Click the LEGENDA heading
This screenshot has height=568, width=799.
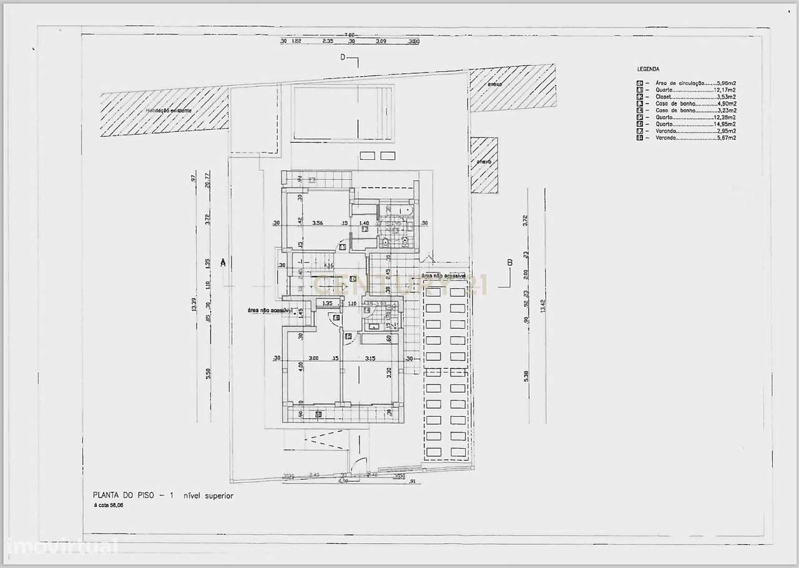coord(648,69)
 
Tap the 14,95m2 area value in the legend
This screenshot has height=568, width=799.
coord(725,124)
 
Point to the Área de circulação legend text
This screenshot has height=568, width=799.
coord(680,83)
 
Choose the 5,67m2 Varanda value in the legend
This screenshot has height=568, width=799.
coord(725,138)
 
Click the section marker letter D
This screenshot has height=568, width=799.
coord(343,57)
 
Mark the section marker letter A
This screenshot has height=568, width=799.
coord(223,264)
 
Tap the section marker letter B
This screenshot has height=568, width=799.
coord(509,263)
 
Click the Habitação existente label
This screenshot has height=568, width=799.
coord(169,111)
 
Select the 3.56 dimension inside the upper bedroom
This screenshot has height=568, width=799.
coord(317,222)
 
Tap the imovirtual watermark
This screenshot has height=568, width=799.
coord(59,547)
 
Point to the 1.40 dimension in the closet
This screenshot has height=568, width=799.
coord(365,222)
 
